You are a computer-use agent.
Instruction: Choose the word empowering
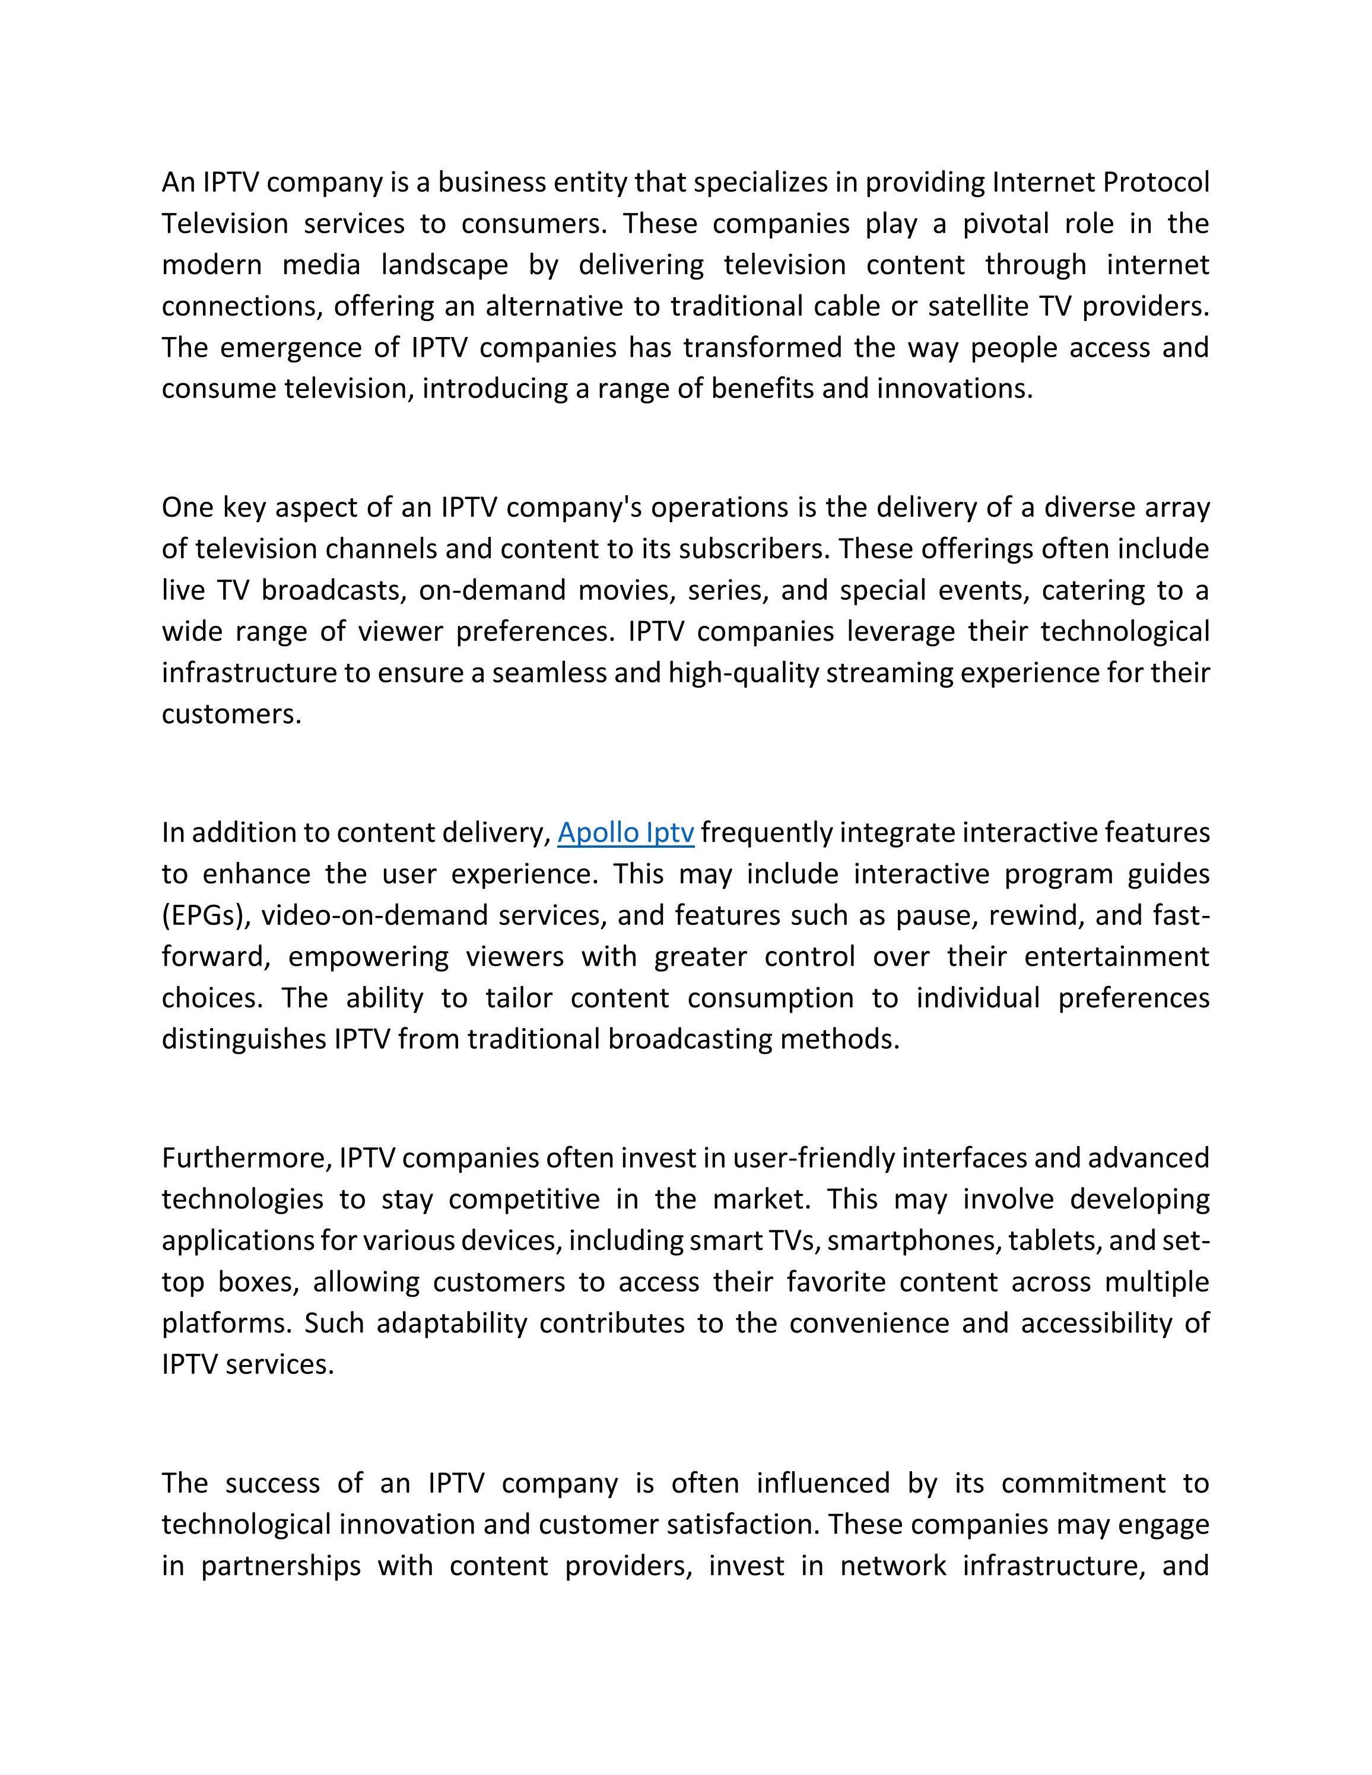tap(368, 958)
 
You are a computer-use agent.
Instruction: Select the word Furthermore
tap(246, 1158)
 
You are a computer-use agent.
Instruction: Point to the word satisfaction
tap(742, 1524)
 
